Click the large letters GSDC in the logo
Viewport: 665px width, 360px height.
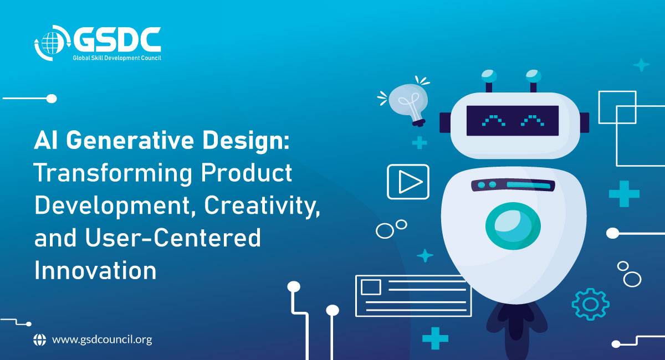[117, 39]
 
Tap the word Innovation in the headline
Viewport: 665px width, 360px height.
[95, 270]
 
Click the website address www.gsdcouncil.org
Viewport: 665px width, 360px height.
[101, 340]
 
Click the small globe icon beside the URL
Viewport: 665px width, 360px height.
[40, 340]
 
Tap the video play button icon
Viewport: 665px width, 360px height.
[408, 181]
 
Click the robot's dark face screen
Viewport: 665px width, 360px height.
[512, 120]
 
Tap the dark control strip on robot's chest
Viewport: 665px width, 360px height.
[513, 185]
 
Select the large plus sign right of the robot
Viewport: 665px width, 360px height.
[624, 194]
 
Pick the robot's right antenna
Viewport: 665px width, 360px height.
[533, 80]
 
